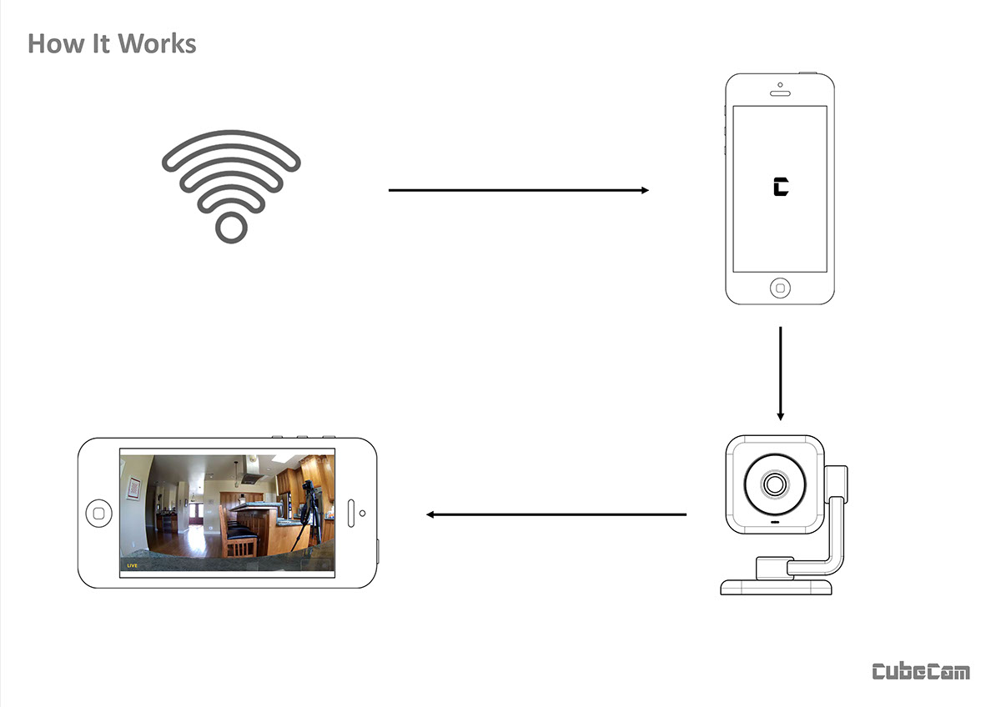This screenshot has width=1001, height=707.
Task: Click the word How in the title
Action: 53,43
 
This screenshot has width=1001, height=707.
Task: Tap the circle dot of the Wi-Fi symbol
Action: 231,227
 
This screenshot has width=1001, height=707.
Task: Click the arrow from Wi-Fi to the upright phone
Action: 518,191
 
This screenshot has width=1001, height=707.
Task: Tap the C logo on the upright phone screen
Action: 780,188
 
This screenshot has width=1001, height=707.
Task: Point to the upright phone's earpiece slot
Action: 779,93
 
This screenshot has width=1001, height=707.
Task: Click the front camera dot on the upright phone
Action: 779,84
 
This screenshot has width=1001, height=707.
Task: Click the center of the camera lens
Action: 775,484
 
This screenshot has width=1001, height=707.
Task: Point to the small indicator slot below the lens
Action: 775,524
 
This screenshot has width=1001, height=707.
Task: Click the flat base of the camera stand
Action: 776,586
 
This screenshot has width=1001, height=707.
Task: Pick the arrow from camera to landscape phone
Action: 556,514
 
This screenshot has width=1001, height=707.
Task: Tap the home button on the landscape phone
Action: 98,513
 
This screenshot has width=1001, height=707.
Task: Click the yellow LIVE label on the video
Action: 132,565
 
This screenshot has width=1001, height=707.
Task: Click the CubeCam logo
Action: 921,671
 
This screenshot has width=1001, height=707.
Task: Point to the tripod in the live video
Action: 312,517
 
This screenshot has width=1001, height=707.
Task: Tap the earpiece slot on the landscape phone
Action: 351,513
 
